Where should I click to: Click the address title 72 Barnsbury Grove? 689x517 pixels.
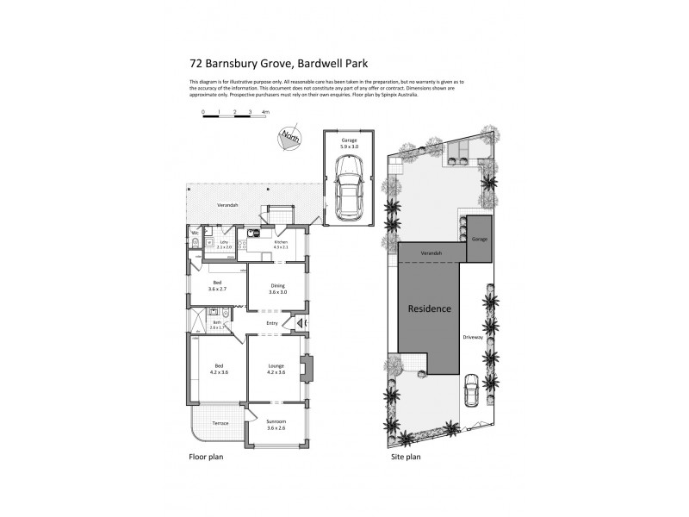tap(268, 62)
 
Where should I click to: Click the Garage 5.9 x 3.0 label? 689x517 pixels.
tap(349, 143)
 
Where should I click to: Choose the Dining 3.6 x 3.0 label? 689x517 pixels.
tap(276, 289)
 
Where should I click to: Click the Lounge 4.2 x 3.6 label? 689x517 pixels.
tap(276, 368)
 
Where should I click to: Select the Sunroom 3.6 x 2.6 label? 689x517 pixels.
tap(276, 424)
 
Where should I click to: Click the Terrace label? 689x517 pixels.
tap(220, 423)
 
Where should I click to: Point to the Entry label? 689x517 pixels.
tap(272, 324)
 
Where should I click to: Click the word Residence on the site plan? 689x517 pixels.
tap(429, 308)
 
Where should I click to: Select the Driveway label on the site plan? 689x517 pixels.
tap(472, 337)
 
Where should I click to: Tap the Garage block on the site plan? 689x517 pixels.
tap(479, 239)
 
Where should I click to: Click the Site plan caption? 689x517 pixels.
tap(405, 457)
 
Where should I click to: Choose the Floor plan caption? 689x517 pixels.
tap(206, 457)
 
